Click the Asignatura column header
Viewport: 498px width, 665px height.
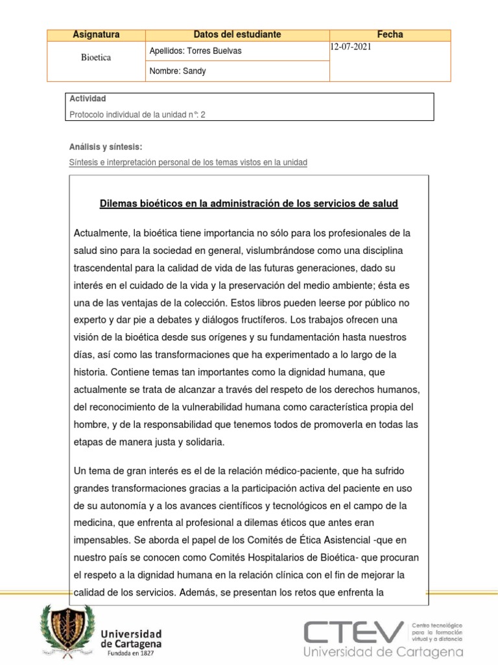point(96,34)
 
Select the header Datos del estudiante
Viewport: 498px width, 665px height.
point(237,34)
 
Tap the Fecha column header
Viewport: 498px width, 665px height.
point(390,34)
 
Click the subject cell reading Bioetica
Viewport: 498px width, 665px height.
point(96,58)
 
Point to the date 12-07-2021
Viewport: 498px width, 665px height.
point(351,48)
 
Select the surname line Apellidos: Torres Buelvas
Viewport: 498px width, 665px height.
point(195,51)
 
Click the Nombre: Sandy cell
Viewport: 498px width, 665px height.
point(178,71)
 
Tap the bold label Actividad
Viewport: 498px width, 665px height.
point(87,99)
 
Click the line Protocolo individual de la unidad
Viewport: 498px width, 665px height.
point(137,114)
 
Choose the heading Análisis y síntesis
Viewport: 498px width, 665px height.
point(105,147)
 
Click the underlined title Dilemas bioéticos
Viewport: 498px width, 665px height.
point(248,204)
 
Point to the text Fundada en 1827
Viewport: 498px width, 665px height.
point(131,654)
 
